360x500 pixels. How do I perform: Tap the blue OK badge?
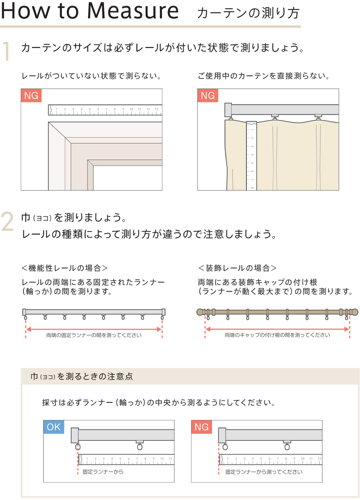[54, 427]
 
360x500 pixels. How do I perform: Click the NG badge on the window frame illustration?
[31, 96]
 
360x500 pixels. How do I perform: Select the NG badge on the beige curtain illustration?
[208, 96]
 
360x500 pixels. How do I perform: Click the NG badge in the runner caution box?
[202, 427]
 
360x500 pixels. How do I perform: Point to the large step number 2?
[7, 221]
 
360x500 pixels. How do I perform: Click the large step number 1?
[6, 51]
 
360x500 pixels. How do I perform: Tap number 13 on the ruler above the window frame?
[156, 109]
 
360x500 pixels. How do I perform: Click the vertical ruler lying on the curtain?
[252, 156]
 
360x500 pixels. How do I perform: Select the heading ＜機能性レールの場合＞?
[64, 268]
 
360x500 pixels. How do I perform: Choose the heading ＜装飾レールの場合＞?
[238, 268]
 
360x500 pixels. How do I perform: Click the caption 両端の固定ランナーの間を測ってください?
[94, 335]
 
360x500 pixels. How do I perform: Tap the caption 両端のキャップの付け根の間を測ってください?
[277, 335]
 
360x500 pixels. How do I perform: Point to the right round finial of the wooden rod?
[354, 312]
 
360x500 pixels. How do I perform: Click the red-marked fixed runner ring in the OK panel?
[78, 447]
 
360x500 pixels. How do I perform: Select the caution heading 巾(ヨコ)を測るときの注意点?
[82, 376]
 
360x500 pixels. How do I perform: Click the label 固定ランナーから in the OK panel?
[103, 472]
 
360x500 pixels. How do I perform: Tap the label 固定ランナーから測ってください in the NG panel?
[264, 472]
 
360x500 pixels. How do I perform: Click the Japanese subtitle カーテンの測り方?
[248, 13]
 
